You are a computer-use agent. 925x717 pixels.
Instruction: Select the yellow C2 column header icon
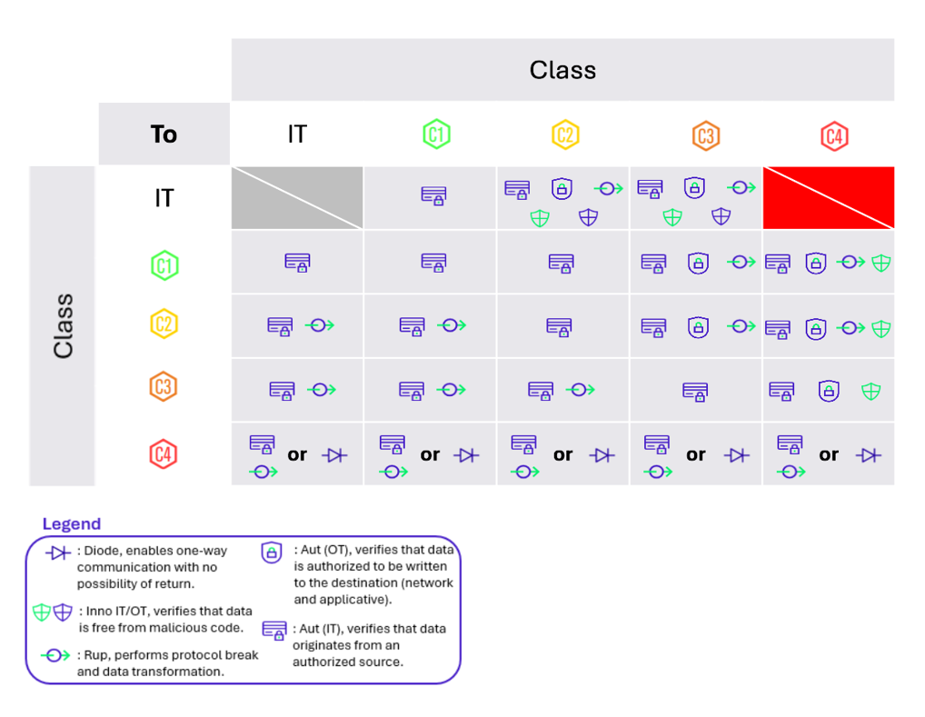point(565,134)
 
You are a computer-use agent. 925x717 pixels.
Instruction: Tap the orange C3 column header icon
point(705,134)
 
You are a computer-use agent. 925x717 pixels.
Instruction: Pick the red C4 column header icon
point(834,134)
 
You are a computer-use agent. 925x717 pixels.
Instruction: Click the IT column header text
point(297,134)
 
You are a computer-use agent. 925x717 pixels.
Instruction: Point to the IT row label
point(164,198)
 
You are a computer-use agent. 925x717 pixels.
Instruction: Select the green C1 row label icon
point(164,265)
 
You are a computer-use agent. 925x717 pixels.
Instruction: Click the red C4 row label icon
point(164,453)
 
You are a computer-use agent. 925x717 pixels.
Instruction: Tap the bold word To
point(164,134)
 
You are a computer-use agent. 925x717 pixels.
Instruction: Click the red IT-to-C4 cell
point(829,197)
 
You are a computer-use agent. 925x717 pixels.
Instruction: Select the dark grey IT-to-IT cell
point(297,197)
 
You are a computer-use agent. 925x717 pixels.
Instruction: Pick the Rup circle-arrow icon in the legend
point(55,655)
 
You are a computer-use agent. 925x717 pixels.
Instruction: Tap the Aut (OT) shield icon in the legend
point(271,553)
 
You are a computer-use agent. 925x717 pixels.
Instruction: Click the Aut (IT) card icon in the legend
point(274,630)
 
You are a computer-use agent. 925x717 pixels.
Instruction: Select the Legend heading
point(72,524)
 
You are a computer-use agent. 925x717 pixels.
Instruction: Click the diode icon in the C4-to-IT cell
point(335,455)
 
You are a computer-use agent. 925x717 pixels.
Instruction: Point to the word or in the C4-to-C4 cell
point(829,455)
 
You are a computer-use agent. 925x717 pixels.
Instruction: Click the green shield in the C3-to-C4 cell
point(870,391)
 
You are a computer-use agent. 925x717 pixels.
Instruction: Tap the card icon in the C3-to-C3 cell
point(695,391)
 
